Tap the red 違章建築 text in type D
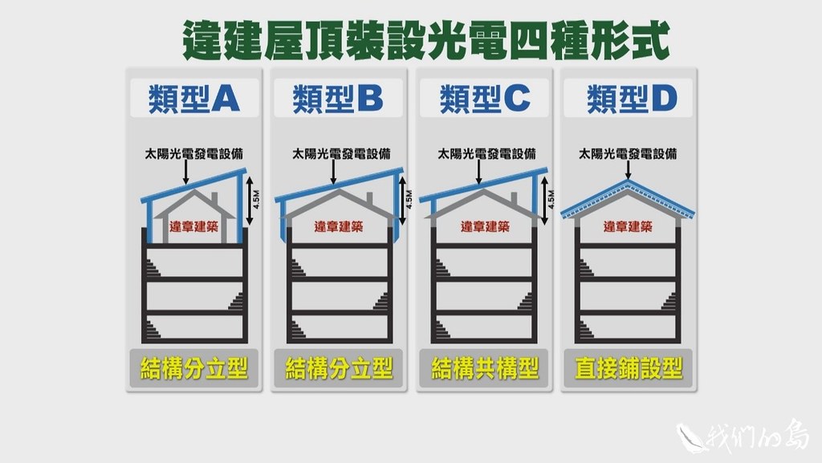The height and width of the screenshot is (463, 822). [x=629, y=227]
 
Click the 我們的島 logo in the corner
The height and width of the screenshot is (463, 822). [x=747, y=436]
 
